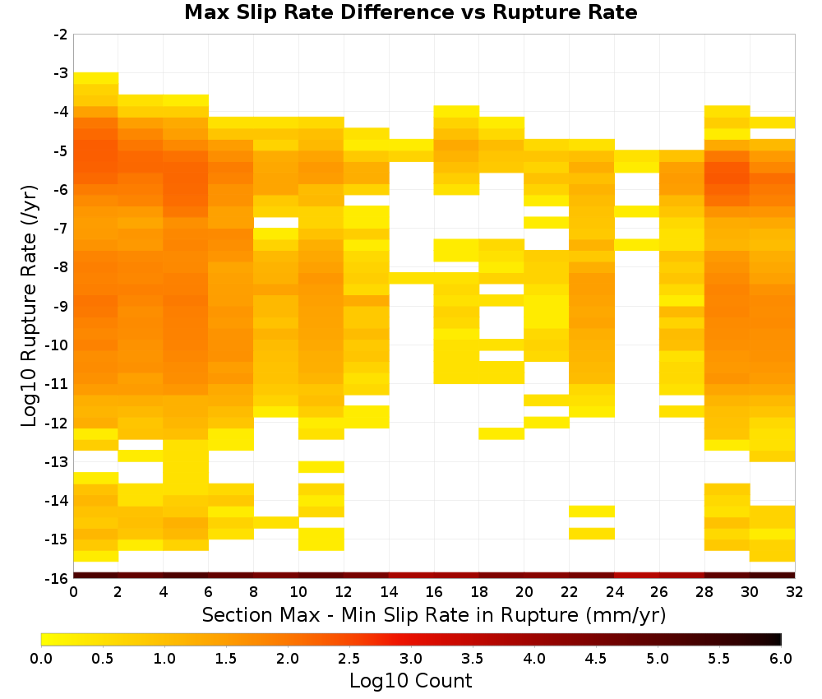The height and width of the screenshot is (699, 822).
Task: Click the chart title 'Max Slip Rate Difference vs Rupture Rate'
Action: point(410,12)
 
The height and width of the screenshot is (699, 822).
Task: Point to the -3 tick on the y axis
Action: point(61,73)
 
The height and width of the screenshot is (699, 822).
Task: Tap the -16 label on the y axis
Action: point(58,578)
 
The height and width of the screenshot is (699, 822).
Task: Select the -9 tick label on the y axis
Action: point(61,306)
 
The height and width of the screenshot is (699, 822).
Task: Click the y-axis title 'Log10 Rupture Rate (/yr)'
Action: point(29,306)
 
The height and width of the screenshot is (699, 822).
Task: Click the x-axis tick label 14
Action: point(389,592)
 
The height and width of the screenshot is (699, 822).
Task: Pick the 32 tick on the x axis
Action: point(794,592)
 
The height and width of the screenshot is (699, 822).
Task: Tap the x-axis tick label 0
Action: point(73,592)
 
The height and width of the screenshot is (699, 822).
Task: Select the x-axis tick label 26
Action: point(659,592)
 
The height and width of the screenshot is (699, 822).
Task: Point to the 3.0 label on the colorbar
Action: point(411,659)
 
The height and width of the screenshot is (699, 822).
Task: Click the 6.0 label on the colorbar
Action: point(781,659)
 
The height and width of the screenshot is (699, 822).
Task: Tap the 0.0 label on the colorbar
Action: point(41,659)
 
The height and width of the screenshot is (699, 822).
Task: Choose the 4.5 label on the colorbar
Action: point(595,659)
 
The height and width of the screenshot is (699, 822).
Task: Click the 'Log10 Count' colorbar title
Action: point(410,681)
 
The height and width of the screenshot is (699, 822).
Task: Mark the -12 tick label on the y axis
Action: point(58,424)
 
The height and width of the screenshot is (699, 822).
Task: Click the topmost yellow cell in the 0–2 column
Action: point(96,78)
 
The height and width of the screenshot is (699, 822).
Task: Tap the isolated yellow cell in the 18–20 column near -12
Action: point(501,433)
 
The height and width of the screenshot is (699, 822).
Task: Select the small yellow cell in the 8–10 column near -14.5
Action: point(276,522)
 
